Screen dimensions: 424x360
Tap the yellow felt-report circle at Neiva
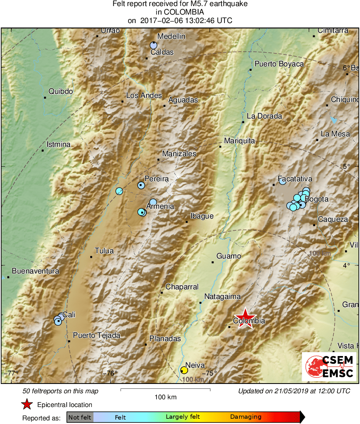[184, 370]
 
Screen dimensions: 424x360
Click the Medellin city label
[171, 36]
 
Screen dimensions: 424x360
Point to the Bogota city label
[316, 199]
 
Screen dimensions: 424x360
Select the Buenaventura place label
[36, 271]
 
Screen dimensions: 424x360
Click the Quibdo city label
[61, 91]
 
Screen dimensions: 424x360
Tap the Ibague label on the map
[202, 216]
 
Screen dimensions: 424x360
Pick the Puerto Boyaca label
[279, 64]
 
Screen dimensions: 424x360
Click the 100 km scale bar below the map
[165, 390]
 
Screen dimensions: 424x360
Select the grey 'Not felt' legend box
[80, 417]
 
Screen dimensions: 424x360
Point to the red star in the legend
[27, 405]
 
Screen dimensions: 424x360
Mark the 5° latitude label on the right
[346, 166]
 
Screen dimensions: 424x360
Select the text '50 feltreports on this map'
[60, 391]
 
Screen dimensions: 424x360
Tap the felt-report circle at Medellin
[153, 45]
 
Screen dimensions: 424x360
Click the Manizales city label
[179, 154]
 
